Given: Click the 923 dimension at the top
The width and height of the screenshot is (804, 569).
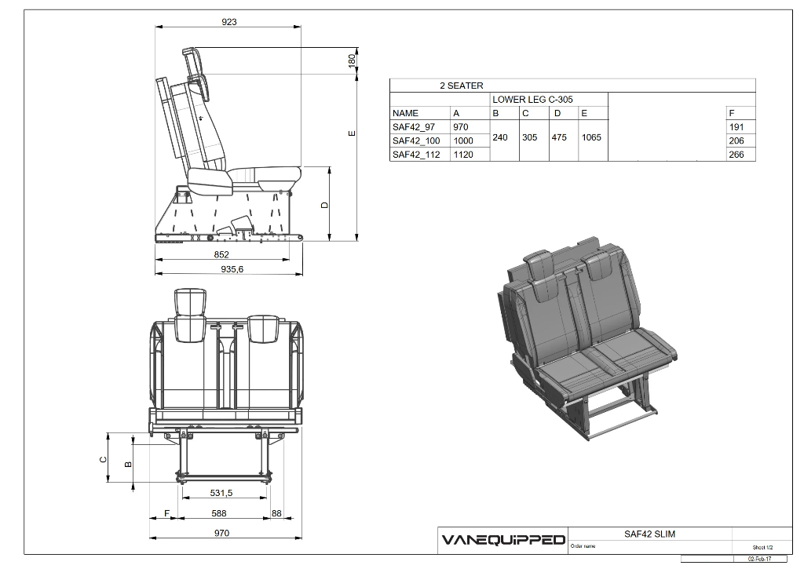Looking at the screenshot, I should pyautogui.click(x=228, y=22).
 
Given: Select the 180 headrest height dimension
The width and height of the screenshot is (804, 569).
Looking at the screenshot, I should pyautogui.click(x=353, y=59).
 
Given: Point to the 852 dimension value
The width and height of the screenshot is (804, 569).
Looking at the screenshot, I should pyautogui.click(x=221, y=254).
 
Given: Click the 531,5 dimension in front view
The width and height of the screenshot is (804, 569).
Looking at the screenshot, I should pyautogui.click(x=221, y=493).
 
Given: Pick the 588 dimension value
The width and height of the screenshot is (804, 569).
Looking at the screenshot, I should pyautogui.click(x=219, y=513).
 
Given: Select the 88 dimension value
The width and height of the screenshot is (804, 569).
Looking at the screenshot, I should pyautogui.click(x=276, y=513).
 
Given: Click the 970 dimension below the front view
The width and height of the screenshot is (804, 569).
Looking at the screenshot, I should pyautogui.click(x=222, y=533).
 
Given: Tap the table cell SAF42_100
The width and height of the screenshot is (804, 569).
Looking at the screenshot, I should pyautogui.click(x=416, y=140).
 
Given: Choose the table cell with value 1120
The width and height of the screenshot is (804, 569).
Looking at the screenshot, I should pyautogui.click(x=462, y=155).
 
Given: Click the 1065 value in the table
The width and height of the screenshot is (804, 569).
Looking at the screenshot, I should pyautogui.click(x=591, y=137).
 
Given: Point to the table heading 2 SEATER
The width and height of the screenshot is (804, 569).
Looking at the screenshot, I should pyautogui.click(x=461, y=86).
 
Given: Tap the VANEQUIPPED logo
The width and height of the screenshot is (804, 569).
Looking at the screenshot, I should pyautogui.click(x=502, y=540).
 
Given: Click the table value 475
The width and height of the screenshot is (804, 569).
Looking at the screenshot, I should pyautogui.click(x=559, y=137).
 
